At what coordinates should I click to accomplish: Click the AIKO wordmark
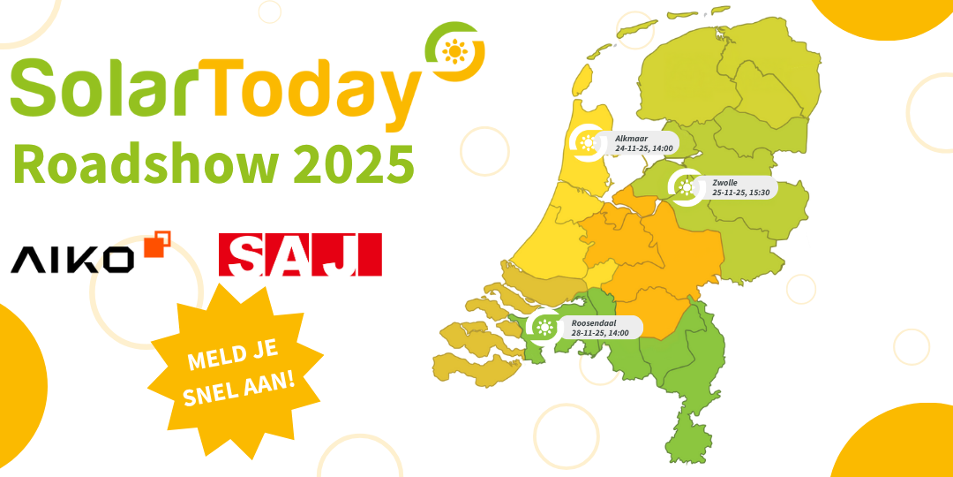72,259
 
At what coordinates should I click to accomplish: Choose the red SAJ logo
299,254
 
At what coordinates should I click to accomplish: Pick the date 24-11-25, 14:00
639,148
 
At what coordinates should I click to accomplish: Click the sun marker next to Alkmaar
588,143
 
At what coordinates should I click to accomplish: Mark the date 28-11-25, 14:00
600,333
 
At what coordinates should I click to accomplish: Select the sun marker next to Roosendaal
544,328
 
